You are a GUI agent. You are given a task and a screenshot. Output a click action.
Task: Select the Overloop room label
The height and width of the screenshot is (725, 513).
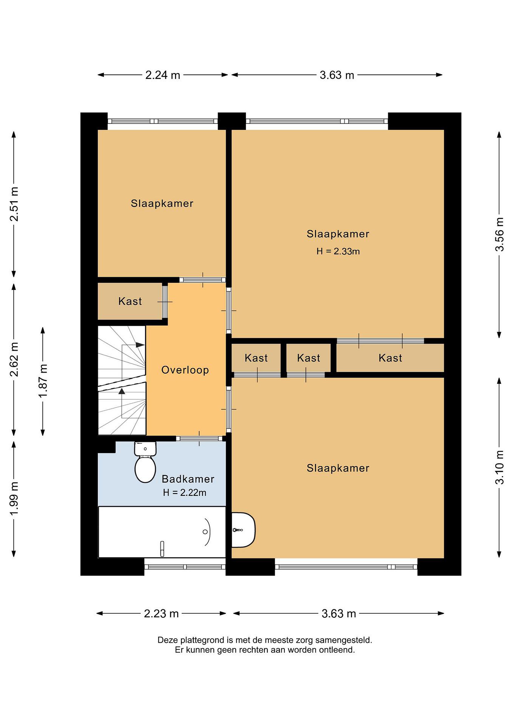point(185,370)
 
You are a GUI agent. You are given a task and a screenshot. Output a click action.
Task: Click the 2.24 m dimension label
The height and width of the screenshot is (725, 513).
point(163,75)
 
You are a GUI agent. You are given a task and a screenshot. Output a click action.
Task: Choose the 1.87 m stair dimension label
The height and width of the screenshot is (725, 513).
point(43,381)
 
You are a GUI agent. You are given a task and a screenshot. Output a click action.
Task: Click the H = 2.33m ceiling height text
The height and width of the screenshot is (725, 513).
point(338,251)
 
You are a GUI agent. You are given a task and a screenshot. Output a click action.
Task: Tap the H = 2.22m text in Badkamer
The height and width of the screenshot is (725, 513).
point(185,492)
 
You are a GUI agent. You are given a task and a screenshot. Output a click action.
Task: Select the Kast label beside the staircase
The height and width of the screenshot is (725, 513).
point(130,301)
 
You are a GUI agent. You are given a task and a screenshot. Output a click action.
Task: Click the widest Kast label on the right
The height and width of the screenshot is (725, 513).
point(390,358)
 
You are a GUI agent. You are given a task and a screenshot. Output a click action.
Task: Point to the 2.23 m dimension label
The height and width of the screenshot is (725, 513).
point(161,613)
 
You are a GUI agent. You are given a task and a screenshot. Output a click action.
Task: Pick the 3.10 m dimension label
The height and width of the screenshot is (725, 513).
point(499,467)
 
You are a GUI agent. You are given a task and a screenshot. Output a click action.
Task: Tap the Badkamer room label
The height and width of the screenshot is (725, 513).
point(188,479)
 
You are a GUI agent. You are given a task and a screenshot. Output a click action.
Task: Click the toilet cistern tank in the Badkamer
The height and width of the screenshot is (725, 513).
point(145,449)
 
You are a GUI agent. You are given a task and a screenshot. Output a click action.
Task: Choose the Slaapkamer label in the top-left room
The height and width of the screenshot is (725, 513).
point(162,203)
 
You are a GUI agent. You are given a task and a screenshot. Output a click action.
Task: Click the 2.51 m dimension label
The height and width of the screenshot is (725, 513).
point(14,204)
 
